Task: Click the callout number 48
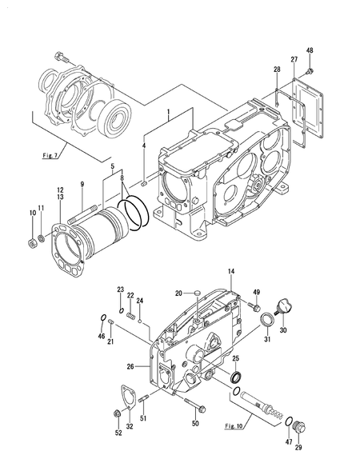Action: [310, 50]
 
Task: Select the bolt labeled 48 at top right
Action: [310, 72]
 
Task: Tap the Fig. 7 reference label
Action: [50, 156]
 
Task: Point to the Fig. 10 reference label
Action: [234, 426]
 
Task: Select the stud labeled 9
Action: [82, 214]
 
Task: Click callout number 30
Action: [283, 330]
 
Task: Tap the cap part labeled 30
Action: [283, 305]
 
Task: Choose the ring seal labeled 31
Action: [266, 320]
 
